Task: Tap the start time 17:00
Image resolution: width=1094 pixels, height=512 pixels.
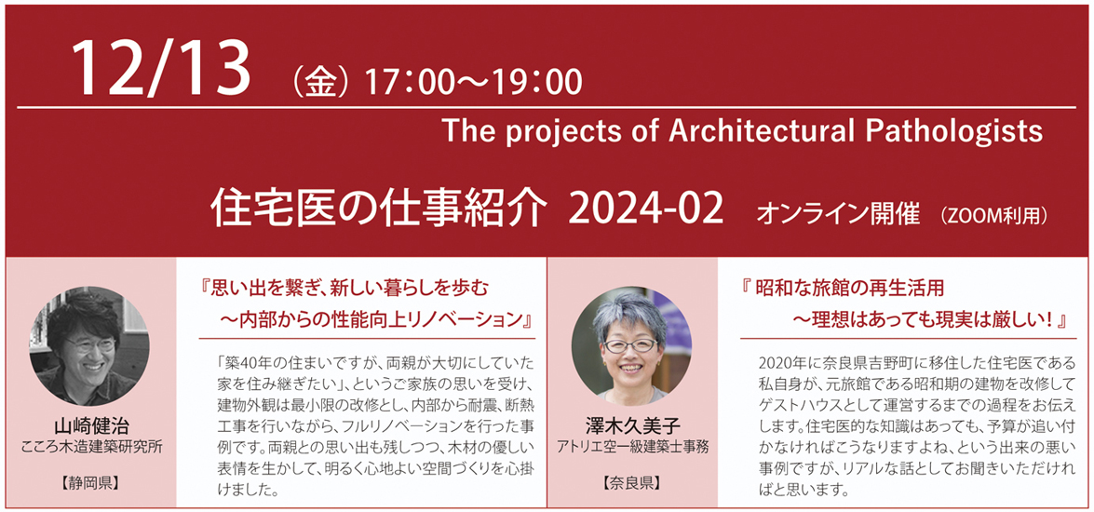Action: pyautogui.click(x=408, y=83)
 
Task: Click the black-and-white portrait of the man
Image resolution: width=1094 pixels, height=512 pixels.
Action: pyautogui.click(x=88, y=347)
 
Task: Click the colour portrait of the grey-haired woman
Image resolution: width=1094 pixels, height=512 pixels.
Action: pyautogui.click(x=631, y=347)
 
